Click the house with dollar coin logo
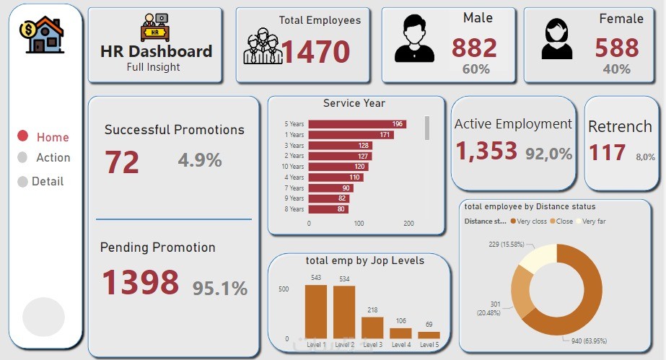click(x=42, y=35)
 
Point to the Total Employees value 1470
click(x=315, y=51)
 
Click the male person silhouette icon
click(x=414, y=39)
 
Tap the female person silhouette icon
click(x=556, y=39)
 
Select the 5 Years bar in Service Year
click(x=357, y=124)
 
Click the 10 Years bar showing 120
click(x=338, y=167)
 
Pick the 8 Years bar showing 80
click(x=328, y=209)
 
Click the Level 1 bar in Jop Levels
click(x=316, y=312)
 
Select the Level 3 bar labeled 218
click(x=372, y=328)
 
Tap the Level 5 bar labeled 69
click(x=429, y=335)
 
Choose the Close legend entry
click(x=561, y=221)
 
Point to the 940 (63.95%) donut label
click(x=589, y=341)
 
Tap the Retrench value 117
click(x=607, y=152)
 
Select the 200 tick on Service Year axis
click(x=408, y=224)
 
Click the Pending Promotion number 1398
click(x=141, y=282)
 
